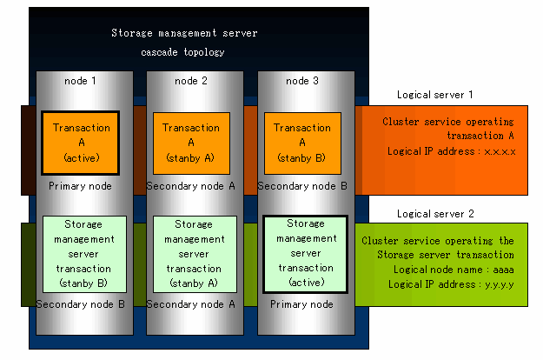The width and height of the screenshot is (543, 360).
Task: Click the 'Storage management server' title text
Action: click(184, 33)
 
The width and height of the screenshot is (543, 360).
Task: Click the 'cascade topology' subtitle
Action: click(182, 52)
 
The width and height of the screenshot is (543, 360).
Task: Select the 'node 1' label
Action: click(80, 81)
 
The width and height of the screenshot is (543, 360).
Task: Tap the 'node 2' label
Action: click(191, 81)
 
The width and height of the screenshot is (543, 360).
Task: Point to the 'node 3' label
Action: click(302, 81)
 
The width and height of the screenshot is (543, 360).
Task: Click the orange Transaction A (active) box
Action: click(81, 143)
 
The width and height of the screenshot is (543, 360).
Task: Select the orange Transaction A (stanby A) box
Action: click(191, 143)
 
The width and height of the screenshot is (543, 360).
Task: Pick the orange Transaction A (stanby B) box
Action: click(302, 143)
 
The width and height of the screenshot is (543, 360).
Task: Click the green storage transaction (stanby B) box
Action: click(84, 254)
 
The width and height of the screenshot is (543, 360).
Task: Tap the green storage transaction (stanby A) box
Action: click(195, 254)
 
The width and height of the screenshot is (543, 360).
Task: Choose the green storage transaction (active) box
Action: click(306, 254)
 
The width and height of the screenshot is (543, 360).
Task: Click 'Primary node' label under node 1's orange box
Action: click(80, 186)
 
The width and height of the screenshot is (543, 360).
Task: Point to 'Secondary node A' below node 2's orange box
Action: click(191, 186)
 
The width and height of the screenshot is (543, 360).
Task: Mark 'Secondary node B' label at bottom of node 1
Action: click(80, 304)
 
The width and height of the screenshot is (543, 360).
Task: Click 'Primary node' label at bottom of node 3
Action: click(301, 304)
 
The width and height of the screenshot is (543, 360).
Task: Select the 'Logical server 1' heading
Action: click(435, 95)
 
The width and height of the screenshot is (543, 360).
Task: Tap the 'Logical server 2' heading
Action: click(435, 214)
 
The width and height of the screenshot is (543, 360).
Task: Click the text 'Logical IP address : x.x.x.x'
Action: click(451, 151)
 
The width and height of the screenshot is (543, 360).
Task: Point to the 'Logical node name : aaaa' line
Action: click(454, 270)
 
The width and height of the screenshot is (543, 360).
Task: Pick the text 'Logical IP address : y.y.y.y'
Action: click(451, 284)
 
